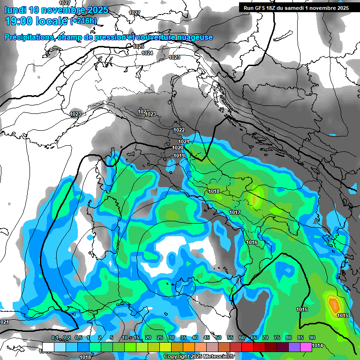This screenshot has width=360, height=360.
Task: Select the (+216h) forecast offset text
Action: [x=83, y=21]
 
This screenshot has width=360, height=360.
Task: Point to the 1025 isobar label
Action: [x=138, y=46]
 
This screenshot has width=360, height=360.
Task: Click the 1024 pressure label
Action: [x=147, y=53]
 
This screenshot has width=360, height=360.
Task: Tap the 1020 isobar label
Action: [x=178, y=148]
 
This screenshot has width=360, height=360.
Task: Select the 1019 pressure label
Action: [x=179, y=156]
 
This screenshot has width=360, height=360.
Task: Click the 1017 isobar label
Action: [x=235, y=213]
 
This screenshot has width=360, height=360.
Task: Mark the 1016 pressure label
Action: [x=252, y=242]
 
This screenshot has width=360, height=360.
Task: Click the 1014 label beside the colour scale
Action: [x=317, y=346]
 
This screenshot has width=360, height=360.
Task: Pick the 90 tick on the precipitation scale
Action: [x=312, y=337]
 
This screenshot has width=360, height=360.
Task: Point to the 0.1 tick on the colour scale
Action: [x=55, y=337]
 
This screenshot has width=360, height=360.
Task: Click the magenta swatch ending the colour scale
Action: [x=306, y=347]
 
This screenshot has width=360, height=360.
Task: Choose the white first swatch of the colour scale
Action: [x=48, y=347]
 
